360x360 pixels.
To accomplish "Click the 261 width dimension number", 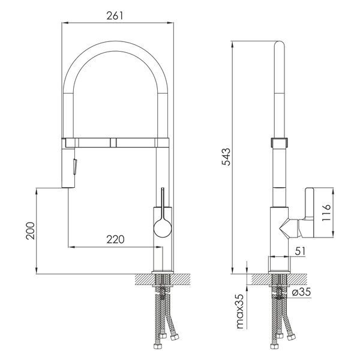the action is pyautogui.click(x=115, y=16).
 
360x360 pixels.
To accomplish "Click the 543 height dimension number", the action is pyautogui.click(x=226, y=157).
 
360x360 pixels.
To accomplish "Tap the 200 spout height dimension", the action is pyautogui.click(x=31, y=231).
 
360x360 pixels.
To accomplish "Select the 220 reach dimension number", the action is pyautogui.click(x=115, y=239).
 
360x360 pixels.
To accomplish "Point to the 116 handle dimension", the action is pyautogui.click(x=326, y=212).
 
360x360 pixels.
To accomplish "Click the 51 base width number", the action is pyautogui.click(x=301, y=251).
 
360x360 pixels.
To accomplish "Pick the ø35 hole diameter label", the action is pyautogui.click(x=301, y=292).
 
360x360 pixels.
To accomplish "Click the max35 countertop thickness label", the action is pyautogui.click(x=240, y=311).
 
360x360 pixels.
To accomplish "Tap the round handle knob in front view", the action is pyautogui.click(x=163, y=228).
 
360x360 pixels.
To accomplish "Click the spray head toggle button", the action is pyautogui.click(x=74, y=166).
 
